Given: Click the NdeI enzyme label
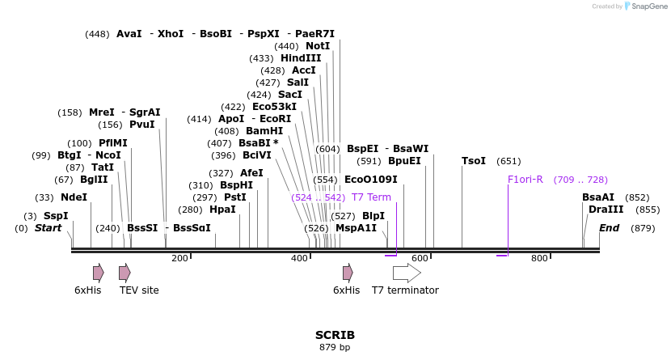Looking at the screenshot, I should click(74, 197).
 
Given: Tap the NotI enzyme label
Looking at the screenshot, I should click(318, 46).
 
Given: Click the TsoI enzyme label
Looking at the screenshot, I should click(473, 161).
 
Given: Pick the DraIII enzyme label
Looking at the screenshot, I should click(606, 210).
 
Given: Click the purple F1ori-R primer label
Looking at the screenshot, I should click(525, 180).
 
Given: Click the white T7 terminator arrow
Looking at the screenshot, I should click(407, 273).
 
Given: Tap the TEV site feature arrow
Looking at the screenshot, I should click(124, 273).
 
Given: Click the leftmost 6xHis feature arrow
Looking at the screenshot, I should click(98, 273).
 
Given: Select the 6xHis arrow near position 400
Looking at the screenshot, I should click(348, 273).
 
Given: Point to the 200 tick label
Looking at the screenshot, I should click(179, 258).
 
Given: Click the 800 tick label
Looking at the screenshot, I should click(538, 258).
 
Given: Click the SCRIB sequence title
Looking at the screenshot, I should click(335, 335).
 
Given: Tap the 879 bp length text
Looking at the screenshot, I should click(335, 348).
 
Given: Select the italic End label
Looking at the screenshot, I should click(609, 228).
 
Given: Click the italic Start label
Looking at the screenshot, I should click(48, 228).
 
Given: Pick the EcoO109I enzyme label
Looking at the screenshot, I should click(370, 180).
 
